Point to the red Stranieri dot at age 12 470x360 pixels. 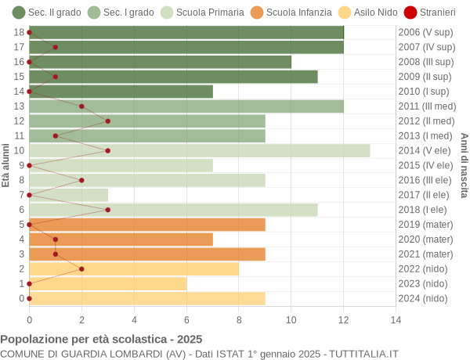[x=107, y=121]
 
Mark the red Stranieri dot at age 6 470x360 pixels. [x=107, y=210]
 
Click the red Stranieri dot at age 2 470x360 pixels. [x=81, y=268]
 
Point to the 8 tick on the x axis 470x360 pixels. [x=239, y=319]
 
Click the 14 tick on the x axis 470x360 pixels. [x=396, y=319]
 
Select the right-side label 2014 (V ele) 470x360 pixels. [x=425, y=150]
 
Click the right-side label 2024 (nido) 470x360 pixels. [x=424, y=298]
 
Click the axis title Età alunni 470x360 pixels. [x=6, y=165]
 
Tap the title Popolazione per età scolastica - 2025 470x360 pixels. [x=101, y=340]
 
